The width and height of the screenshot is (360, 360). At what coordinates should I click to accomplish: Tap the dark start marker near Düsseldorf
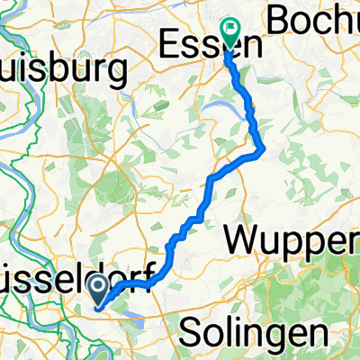101,288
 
